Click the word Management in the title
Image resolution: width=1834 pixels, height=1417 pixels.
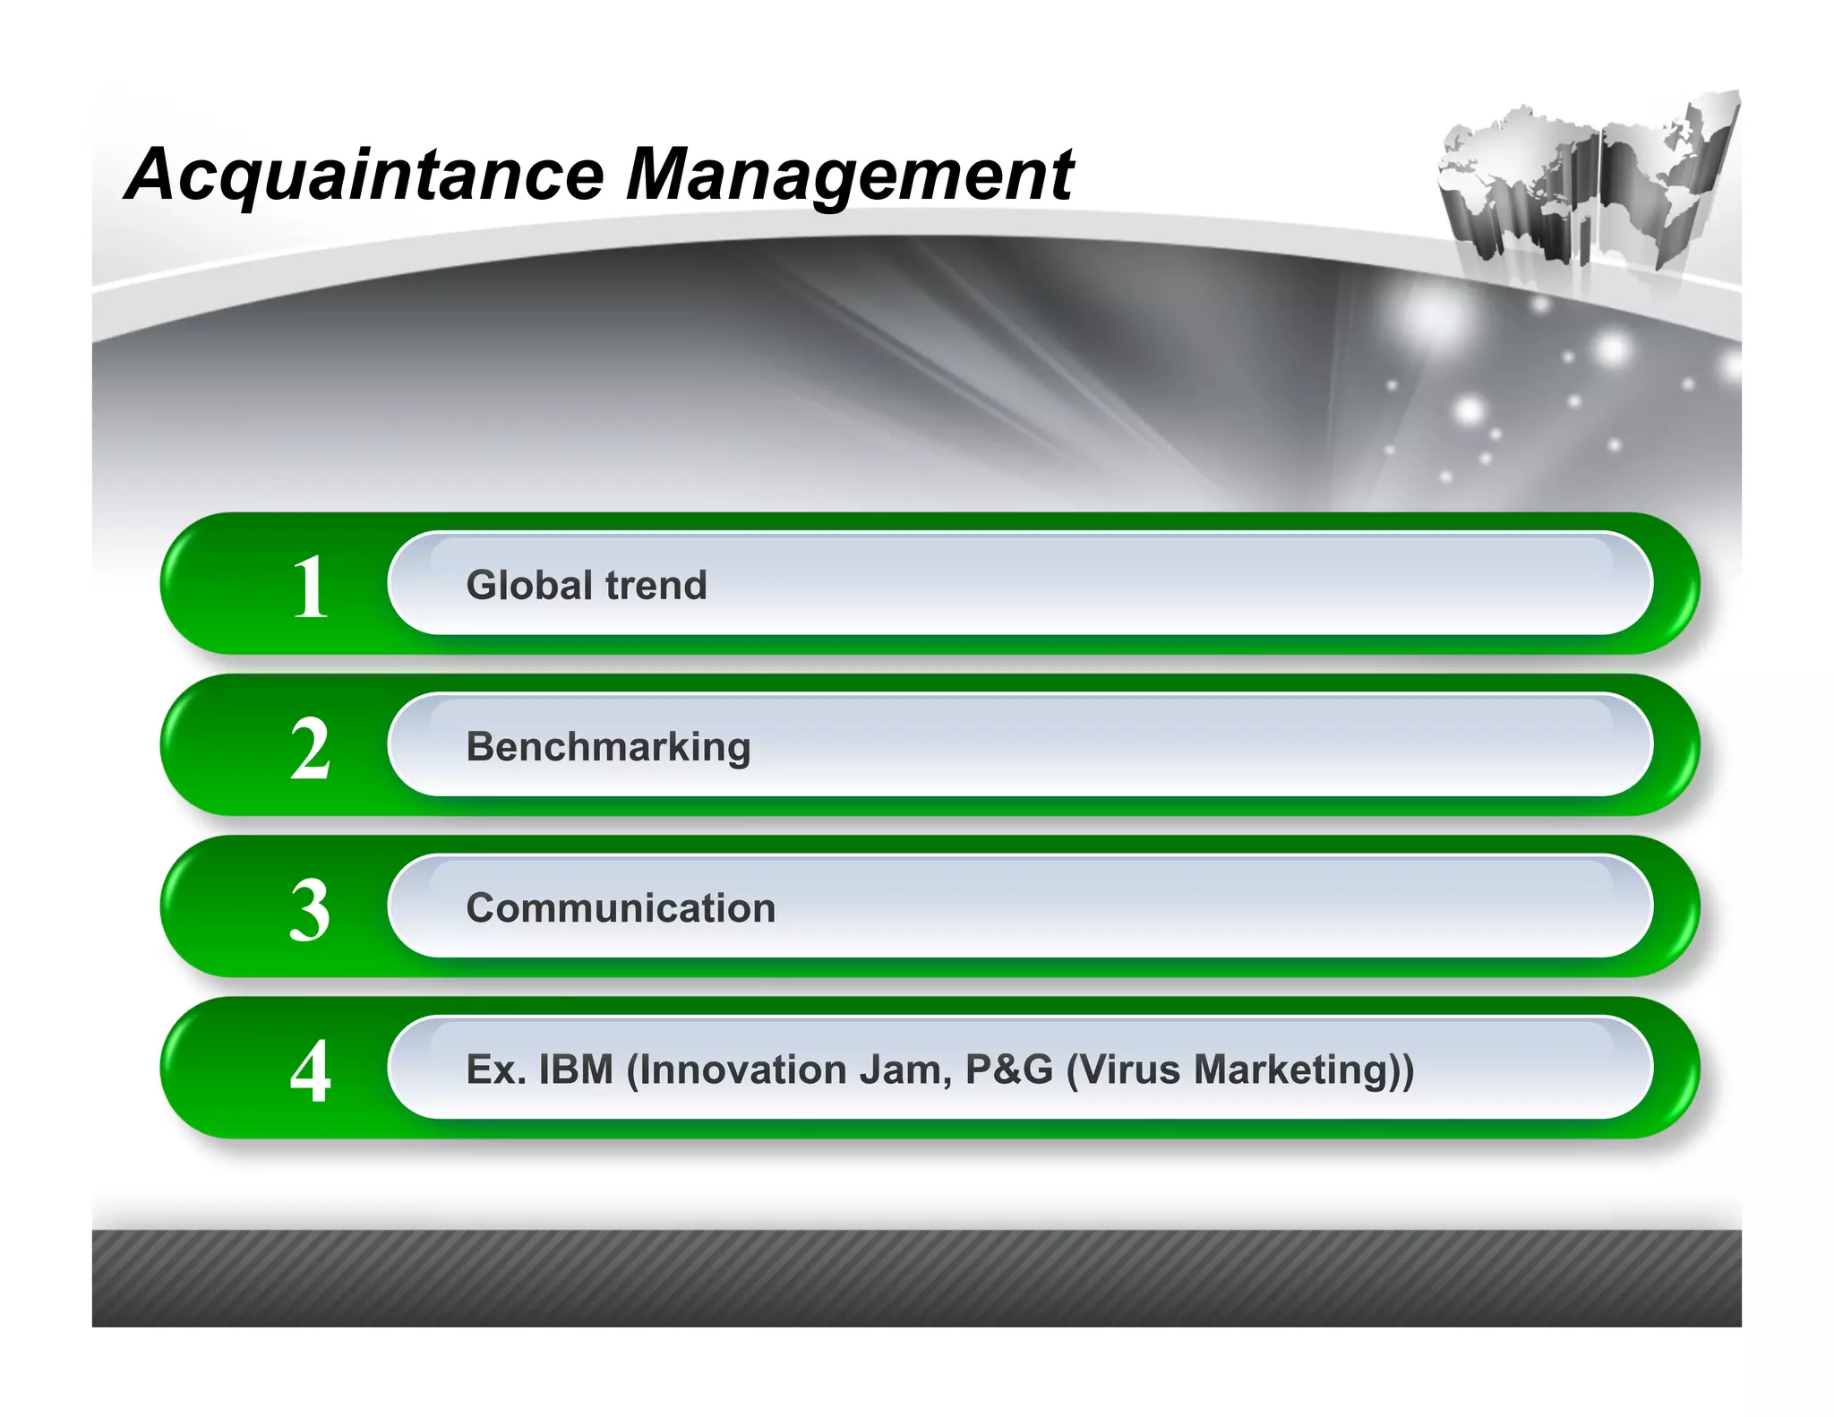pos(849,175)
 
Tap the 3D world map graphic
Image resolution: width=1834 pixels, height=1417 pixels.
pos(1586,184)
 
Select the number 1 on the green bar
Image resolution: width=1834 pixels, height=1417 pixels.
pos(311,587)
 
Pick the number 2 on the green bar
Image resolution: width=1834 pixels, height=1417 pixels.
pos(311,749)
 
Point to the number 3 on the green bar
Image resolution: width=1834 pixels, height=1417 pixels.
pos(311,910)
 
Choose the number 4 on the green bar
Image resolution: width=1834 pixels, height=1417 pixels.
pos(311,1071)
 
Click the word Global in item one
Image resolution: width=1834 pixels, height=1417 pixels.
pos(528,586)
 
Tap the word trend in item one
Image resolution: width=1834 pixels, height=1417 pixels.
pos(656,586)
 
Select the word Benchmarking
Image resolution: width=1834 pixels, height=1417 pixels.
pos(608,748)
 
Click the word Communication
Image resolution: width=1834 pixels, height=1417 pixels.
pos(621,908)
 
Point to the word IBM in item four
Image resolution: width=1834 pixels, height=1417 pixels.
pos(576,1069)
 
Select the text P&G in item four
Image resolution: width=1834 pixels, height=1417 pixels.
pos(1009,1069)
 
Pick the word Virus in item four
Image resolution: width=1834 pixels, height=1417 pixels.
pos(1130,1069)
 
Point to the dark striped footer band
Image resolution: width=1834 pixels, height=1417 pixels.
pos(917,1278)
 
